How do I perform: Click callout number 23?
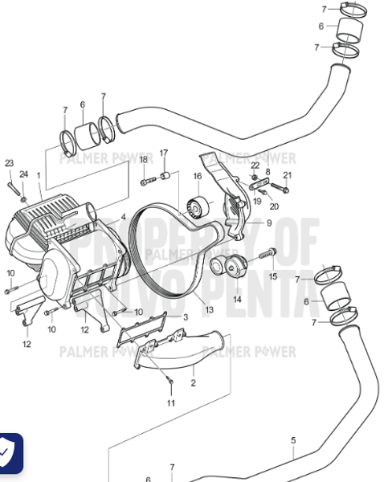point(9,163)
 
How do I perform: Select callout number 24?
point(23,174)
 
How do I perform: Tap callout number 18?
point(144,159)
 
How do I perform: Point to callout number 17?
point(163,153)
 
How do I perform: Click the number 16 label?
point(197,176)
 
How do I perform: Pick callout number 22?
point(255,165)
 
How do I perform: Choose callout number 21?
point(287,175)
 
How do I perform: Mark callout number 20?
point(274,206)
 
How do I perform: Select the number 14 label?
point(237,299)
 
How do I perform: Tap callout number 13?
point(209,309)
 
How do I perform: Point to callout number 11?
point(170,402)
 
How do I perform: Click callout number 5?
point(293,439)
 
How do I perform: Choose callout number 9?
point(269,223)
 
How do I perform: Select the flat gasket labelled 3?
point(152,330)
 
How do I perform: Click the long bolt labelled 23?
point(14,187)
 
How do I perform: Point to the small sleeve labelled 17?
point(165,174)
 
